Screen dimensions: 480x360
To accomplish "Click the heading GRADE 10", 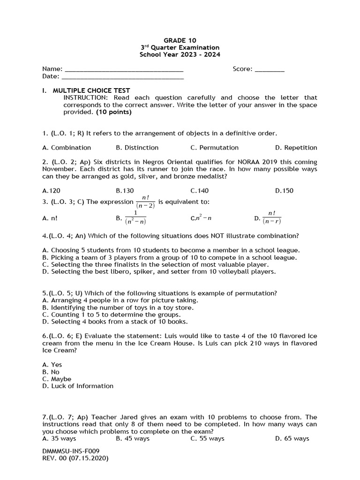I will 180,40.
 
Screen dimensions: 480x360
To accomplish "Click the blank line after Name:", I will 124,70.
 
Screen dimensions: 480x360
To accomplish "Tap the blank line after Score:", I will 270,70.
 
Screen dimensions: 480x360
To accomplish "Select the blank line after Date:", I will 122,77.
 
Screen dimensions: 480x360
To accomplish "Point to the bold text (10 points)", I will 114,112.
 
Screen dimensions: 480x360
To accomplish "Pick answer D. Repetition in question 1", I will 296,148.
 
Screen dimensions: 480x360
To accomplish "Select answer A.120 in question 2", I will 51,191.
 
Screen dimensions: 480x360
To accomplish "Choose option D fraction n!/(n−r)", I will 272,217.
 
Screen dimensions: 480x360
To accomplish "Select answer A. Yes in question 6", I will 52,365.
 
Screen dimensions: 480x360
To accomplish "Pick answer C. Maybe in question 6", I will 57,379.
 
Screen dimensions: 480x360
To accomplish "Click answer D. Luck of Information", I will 78,386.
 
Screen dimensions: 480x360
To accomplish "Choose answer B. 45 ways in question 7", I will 133,439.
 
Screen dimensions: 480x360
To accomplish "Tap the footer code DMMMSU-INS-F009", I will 71,451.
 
